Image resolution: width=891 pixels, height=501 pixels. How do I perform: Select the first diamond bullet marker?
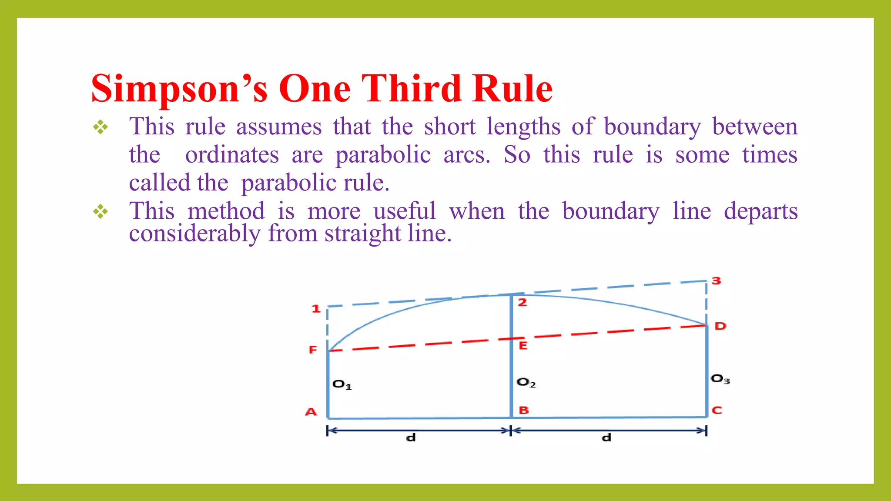(x=100, y=127)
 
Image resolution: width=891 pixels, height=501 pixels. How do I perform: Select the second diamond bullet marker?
(x=100, y=212)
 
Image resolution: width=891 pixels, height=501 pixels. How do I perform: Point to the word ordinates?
(x=232, y=155)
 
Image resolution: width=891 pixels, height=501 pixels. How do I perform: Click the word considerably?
(x=194, y=234)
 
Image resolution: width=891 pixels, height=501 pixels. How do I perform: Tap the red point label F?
(x=313, y=350)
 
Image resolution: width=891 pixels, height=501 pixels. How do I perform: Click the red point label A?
(x=311, y=412)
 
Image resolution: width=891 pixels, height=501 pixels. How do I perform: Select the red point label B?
(x=524, y=410)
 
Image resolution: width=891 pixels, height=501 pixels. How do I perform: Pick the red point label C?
(x=717, y=410)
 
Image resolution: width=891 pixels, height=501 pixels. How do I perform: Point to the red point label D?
(x=720, y=326)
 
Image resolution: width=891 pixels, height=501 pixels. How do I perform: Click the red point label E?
(x=523, y=346)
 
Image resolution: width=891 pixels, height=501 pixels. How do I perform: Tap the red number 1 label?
(x=316, y=309)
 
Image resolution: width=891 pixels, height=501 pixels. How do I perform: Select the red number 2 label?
(x=523, y=302)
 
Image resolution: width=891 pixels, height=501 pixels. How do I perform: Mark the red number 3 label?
(x=716, y=281)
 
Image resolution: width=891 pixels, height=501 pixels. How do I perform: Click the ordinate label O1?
(x=342, y=384)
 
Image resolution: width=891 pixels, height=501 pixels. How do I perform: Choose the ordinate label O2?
(x=526, y=383)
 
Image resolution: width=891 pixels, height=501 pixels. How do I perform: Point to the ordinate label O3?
(x=720, y=379)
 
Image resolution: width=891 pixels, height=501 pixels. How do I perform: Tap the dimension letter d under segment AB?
(x=411, y=438)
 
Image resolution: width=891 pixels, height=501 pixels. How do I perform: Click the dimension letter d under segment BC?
(x=606, y=438)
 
